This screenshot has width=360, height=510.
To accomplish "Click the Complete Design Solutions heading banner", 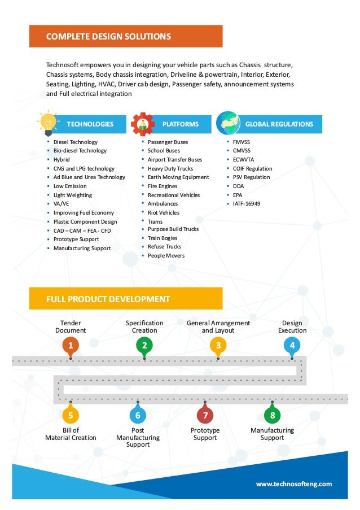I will (x=126, y=36).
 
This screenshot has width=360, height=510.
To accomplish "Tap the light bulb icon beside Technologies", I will (x=47, y=122).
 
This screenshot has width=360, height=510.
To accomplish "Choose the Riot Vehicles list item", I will (x=163, y=212).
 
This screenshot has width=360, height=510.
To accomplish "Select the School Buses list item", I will (x=164, y=151).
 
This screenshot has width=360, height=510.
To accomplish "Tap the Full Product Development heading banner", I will (x=126, y=298).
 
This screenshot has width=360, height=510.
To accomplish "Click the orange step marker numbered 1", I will (x=71, y=345).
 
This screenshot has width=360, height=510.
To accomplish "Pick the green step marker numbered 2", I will (x=144, y=345).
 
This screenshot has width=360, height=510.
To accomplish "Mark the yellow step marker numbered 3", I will (x=218, y=345).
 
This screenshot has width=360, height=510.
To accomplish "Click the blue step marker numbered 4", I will (x=292, y=345).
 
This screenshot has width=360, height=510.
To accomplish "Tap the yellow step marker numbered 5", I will (x=71, y=416).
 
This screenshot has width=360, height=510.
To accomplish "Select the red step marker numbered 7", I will (x=205, y=416).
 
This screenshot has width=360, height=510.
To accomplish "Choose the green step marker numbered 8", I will (x=272, y=416).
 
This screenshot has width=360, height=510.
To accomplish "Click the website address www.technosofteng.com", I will (x=293, y=483).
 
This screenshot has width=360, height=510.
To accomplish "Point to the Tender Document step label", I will (x=71, y=326).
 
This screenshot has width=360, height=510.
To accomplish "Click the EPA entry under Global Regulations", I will (x=238, y=195).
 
